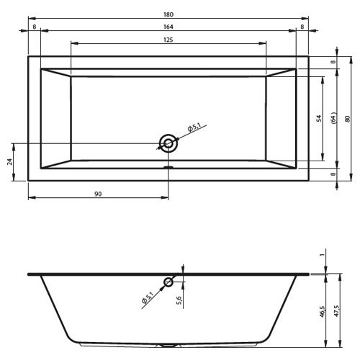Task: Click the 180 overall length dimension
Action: [168, 14]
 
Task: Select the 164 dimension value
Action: [168, 27]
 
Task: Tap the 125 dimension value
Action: [168, 40]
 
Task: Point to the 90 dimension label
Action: [98, 194]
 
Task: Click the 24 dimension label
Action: [10, 162]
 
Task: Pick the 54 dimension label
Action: [319, 118]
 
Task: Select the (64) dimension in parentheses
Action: [334, 118]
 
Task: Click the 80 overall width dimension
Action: [347, 119]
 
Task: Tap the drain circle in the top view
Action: [168, 143]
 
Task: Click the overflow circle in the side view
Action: [168, 282]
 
